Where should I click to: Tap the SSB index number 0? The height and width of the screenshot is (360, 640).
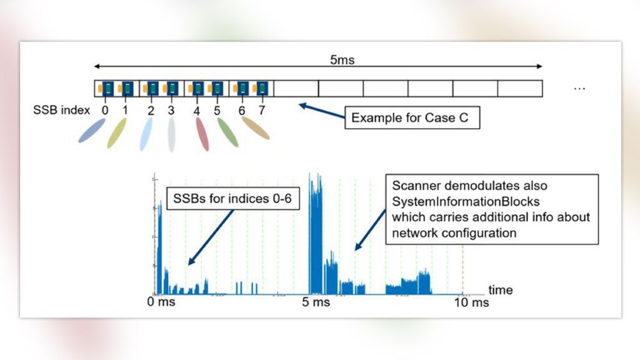pos(104,111)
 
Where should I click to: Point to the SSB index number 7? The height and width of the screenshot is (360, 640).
pos(262,111)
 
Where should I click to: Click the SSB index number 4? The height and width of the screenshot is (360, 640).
pos(196,111)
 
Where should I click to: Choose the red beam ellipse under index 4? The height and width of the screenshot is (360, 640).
pos(202,134)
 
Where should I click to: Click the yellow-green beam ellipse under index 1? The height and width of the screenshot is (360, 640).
pos(116,133)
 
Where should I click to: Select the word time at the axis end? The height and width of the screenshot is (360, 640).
pos(500,290)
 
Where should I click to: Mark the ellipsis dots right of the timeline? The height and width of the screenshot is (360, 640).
pos(579,89)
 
